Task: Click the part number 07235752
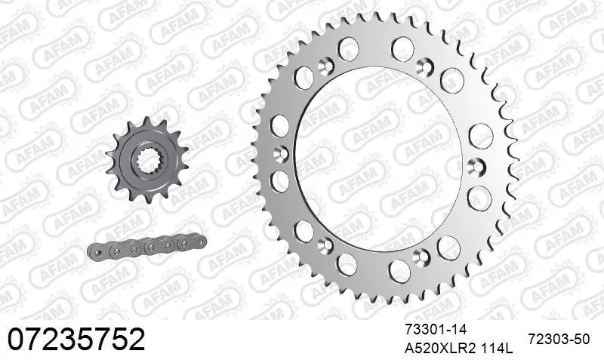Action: click(x=75, y=340)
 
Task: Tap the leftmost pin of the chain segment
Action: click(x=98, y=251)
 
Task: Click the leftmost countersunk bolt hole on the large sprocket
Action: click(x=282, y=153)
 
